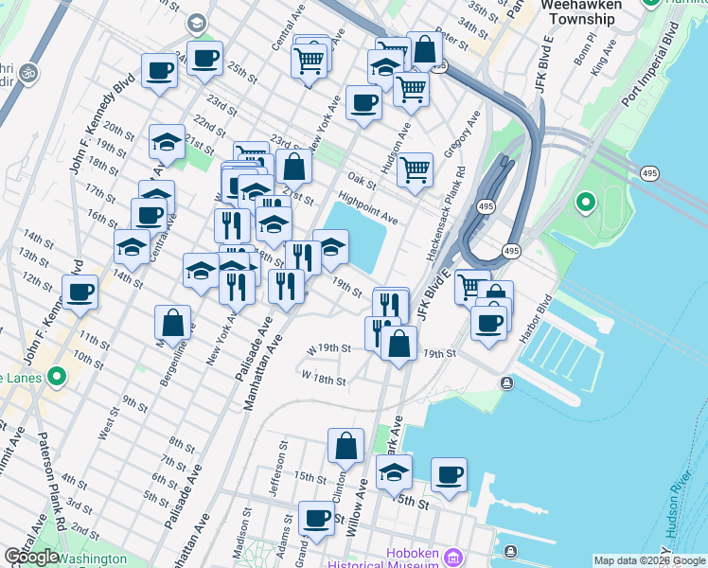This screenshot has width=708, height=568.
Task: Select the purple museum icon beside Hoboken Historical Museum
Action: tap(452, 555)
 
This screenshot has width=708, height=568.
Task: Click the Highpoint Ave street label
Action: tap(367, 210)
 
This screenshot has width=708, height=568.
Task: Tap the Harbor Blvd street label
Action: tap(532, 321)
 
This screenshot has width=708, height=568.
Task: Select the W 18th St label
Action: tap(324, 377)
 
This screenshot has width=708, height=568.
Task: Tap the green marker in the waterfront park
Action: tap(585, 202)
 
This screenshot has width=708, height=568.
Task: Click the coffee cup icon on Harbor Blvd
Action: tap(488, 322)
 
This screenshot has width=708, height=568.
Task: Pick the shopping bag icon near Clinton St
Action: tap(346, 446)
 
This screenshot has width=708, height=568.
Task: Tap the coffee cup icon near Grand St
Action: tap(316, 518)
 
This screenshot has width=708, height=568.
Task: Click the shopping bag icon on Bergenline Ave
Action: tap(173, 323)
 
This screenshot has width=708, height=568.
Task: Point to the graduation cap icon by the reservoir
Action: tap(330, 246)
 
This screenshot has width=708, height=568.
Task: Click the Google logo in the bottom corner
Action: tap(31, 557)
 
